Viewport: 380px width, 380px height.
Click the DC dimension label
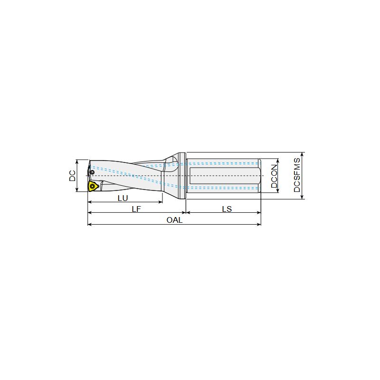(72, 176)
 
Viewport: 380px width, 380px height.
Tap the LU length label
(123, 198)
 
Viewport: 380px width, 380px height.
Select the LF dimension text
(136, 209)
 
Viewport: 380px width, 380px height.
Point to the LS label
(227, 209)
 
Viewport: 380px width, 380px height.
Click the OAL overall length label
(174, 220)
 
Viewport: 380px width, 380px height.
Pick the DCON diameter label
(274, 176)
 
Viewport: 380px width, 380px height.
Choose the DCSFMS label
(297, 175)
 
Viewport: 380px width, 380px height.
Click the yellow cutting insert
(93, 186)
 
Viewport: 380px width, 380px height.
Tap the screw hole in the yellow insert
(92, 186)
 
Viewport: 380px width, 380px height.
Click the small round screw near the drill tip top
(92, 172)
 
